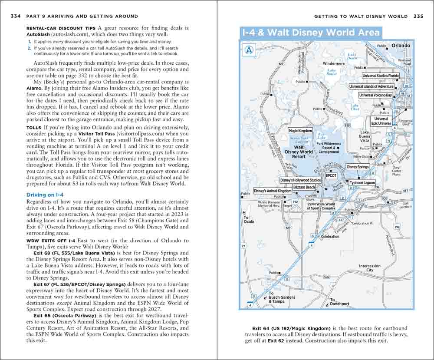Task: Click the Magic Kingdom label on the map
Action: click(300, 131)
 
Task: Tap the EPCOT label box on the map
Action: click(331, 176)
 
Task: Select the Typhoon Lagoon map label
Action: click(362, 183)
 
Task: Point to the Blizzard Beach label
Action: click(304, 187)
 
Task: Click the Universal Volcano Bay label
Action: click(375, 95)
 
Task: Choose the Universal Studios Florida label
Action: click(381, 76)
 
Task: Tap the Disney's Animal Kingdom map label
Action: click(273, 191)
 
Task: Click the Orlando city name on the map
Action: click(401, 46)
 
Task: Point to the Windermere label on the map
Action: click(334, 63)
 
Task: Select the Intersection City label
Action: click(369, 268)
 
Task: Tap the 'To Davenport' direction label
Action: click(339, 302)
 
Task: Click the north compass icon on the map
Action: click(248, 50)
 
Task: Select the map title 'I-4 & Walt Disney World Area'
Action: click(310, 33)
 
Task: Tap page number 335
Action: click(418, 17)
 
